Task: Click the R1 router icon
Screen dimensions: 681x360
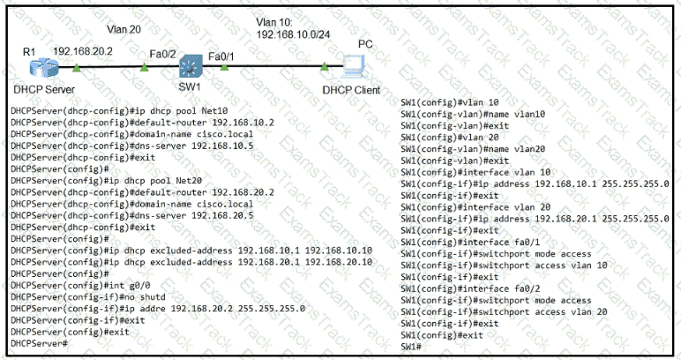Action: tap(44, 68)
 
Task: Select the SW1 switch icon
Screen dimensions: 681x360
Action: tap(191, 66)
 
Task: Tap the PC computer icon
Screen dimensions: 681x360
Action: tap(354, 66)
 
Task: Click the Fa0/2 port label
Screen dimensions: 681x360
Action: tap(162, 54)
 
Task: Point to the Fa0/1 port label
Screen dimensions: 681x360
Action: tap(221, 56)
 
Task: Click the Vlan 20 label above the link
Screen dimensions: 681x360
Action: tap(123, 29)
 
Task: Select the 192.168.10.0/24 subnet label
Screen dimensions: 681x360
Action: tap(293, 34)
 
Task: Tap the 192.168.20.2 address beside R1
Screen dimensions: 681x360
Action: tap(83, 51)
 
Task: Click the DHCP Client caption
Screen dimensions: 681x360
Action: tap(351, 90)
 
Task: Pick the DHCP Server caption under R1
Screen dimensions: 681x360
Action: tap(44, 89)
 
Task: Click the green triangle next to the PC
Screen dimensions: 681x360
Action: tap(325, 66)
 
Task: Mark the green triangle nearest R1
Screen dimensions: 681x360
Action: tap(77, 67)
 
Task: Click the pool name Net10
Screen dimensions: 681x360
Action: tap(214, 111)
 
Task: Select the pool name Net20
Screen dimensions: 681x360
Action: tap(189, 181)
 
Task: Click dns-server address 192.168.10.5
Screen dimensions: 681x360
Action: tap(222, 146)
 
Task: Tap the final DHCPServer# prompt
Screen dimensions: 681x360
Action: tap(39, 343)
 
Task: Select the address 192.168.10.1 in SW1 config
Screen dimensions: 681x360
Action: tap(565, 184)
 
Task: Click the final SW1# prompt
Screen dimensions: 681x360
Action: tap(411, 347)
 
